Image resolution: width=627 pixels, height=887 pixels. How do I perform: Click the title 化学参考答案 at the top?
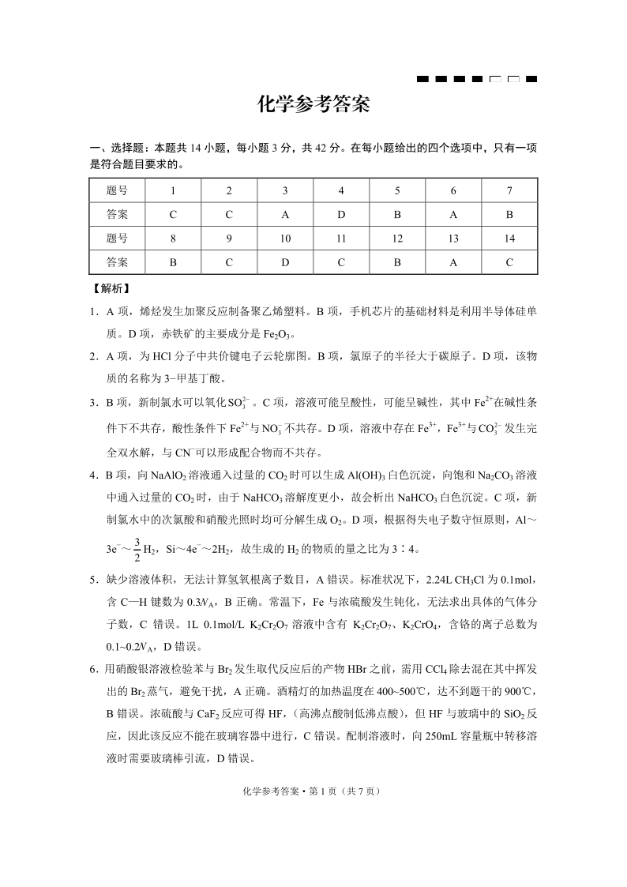[x=313, y=105]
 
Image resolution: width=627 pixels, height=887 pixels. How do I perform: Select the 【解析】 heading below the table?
[x=112, y=290]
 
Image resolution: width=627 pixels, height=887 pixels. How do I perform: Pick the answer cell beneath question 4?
[x=341, y=214]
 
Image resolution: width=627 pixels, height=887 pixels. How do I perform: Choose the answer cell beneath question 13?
[x=453, y=261]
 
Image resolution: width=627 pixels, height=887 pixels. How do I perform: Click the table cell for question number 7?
[x=509, y=190]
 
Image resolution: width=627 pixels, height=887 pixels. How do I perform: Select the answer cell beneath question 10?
[x=285, y=261]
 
